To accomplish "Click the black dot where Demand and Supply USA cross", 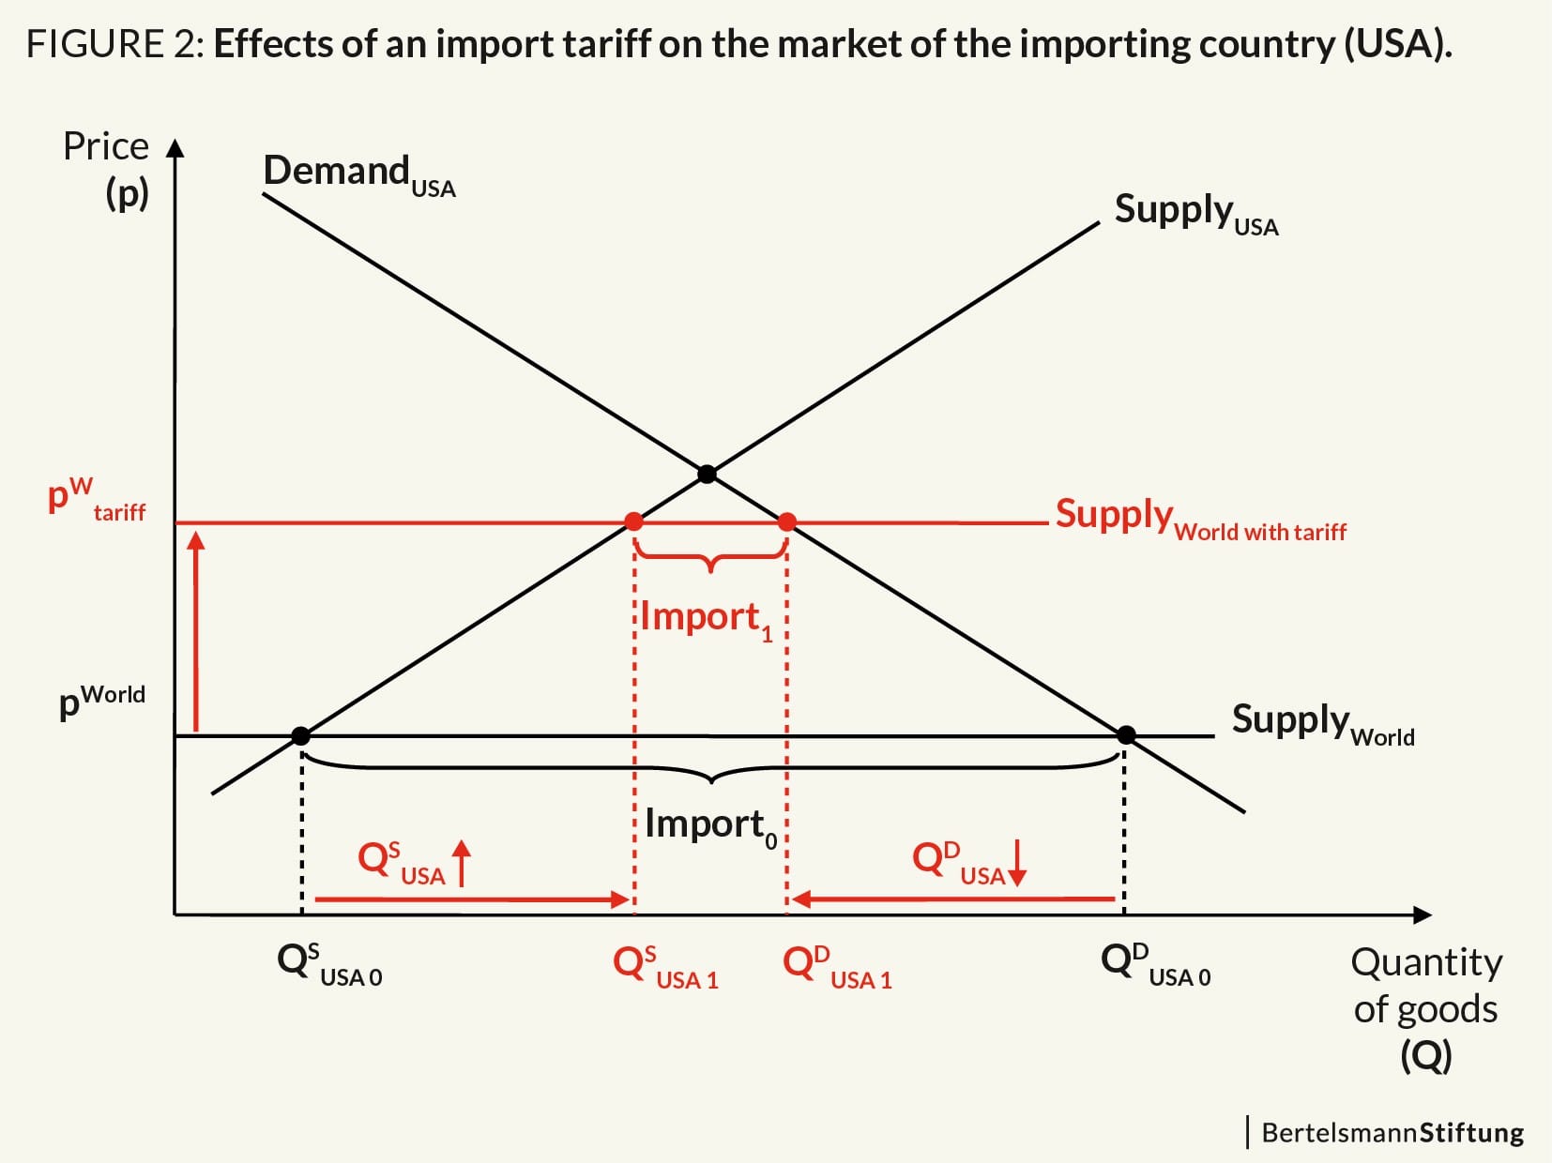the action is click(707, 474).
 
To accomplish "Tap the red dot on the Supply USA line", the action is click(634, 522).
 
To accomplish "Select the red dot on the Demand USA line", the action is click(787, 522).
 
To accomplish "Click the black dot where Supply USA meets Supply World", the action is click(300, 736).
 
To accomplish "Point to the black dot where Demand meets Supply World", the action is click(1126, 735).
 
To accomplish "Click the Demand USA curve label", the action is click(359, 175).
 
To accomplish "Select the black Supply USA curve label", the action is click(1196, 214).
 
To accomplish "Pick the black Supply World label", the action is click(1323, 723).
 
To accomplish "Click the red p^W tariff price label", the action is click(96, 498).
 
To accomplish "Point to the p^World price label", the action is click(102, 702).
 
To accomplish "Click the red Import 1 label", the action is click(707, 620).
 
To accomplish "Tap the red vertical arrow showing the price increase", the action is click(196, 632).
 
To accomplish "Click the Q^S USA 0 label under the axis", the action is click(329, 964).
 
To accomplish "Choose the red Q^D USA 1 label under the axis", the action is click(837, 967).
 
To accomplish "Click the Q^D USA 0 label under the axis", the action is click(1156, 964).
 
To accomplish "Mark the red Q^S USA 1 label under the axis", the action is click(665, 967).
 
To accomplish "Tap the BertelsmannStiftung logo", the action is click(1386, 1133).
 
